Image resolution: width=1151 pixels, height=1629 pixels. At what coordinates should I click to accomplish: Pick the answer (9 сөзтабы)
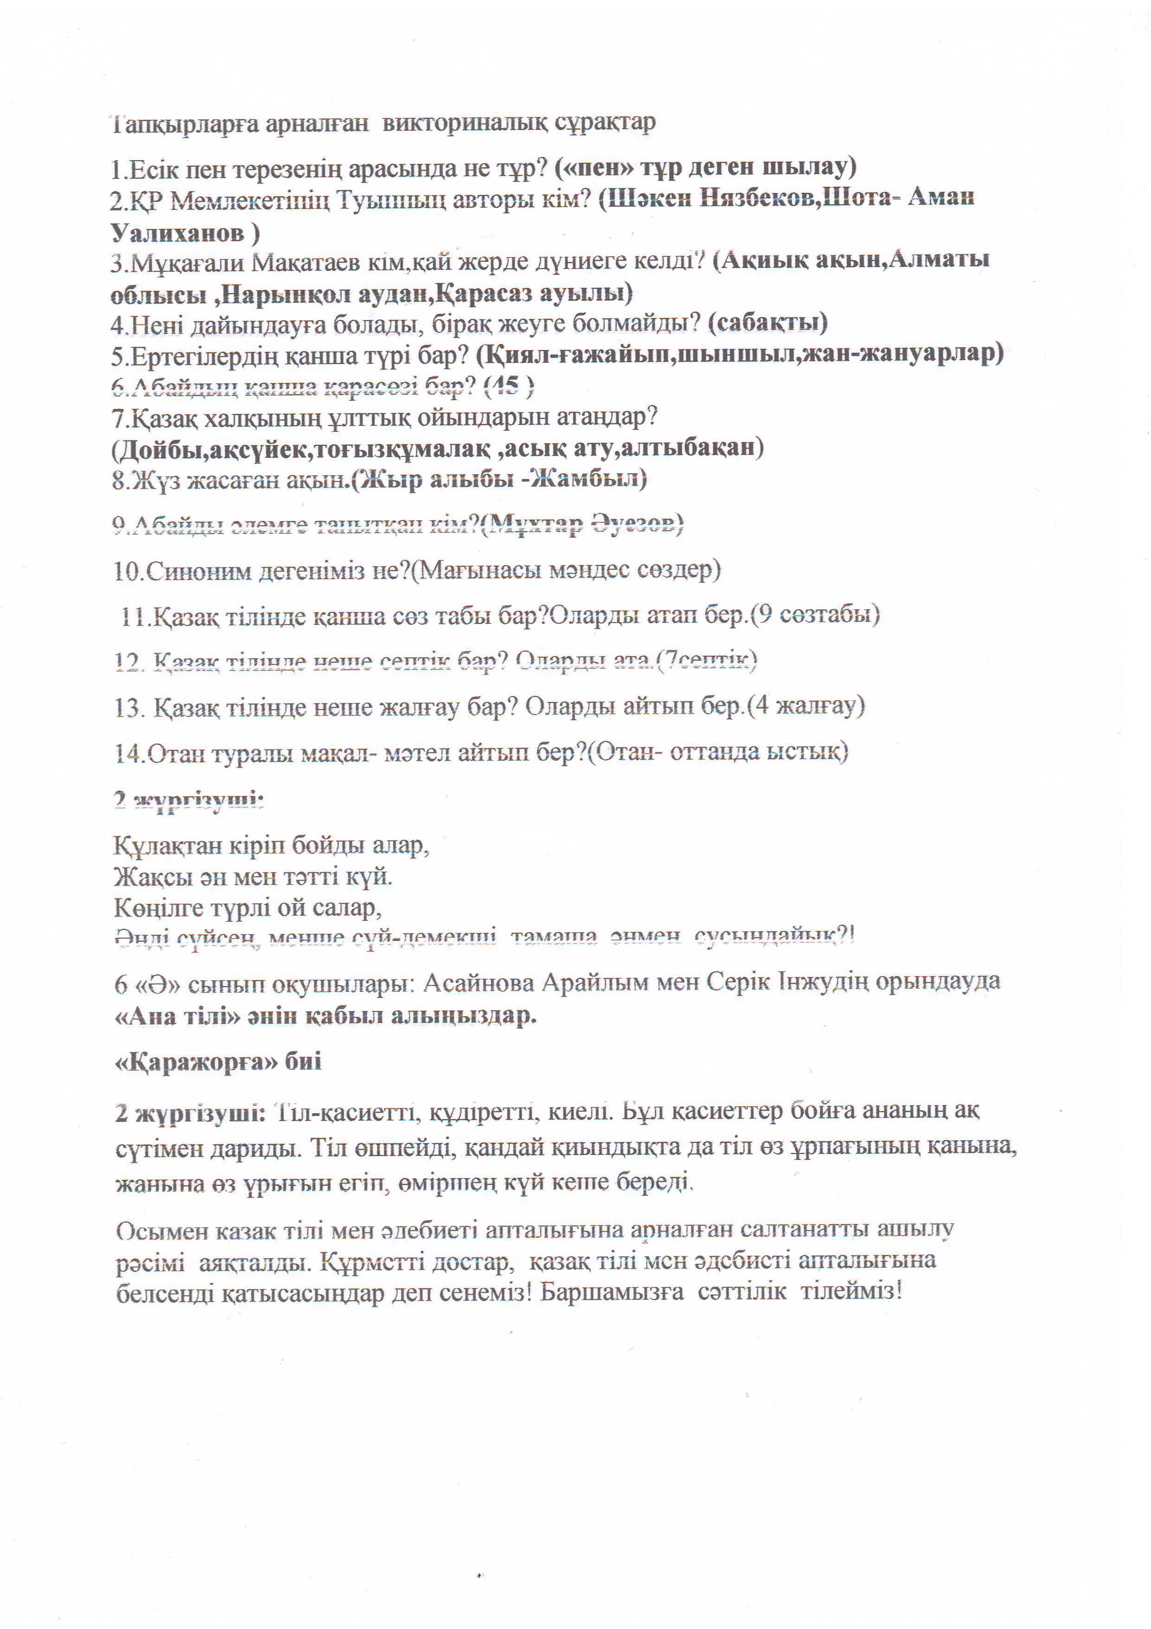pos(815,614)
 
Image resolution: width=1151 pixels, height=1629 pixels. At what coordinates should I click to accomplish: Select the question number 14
pos(130,753)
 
